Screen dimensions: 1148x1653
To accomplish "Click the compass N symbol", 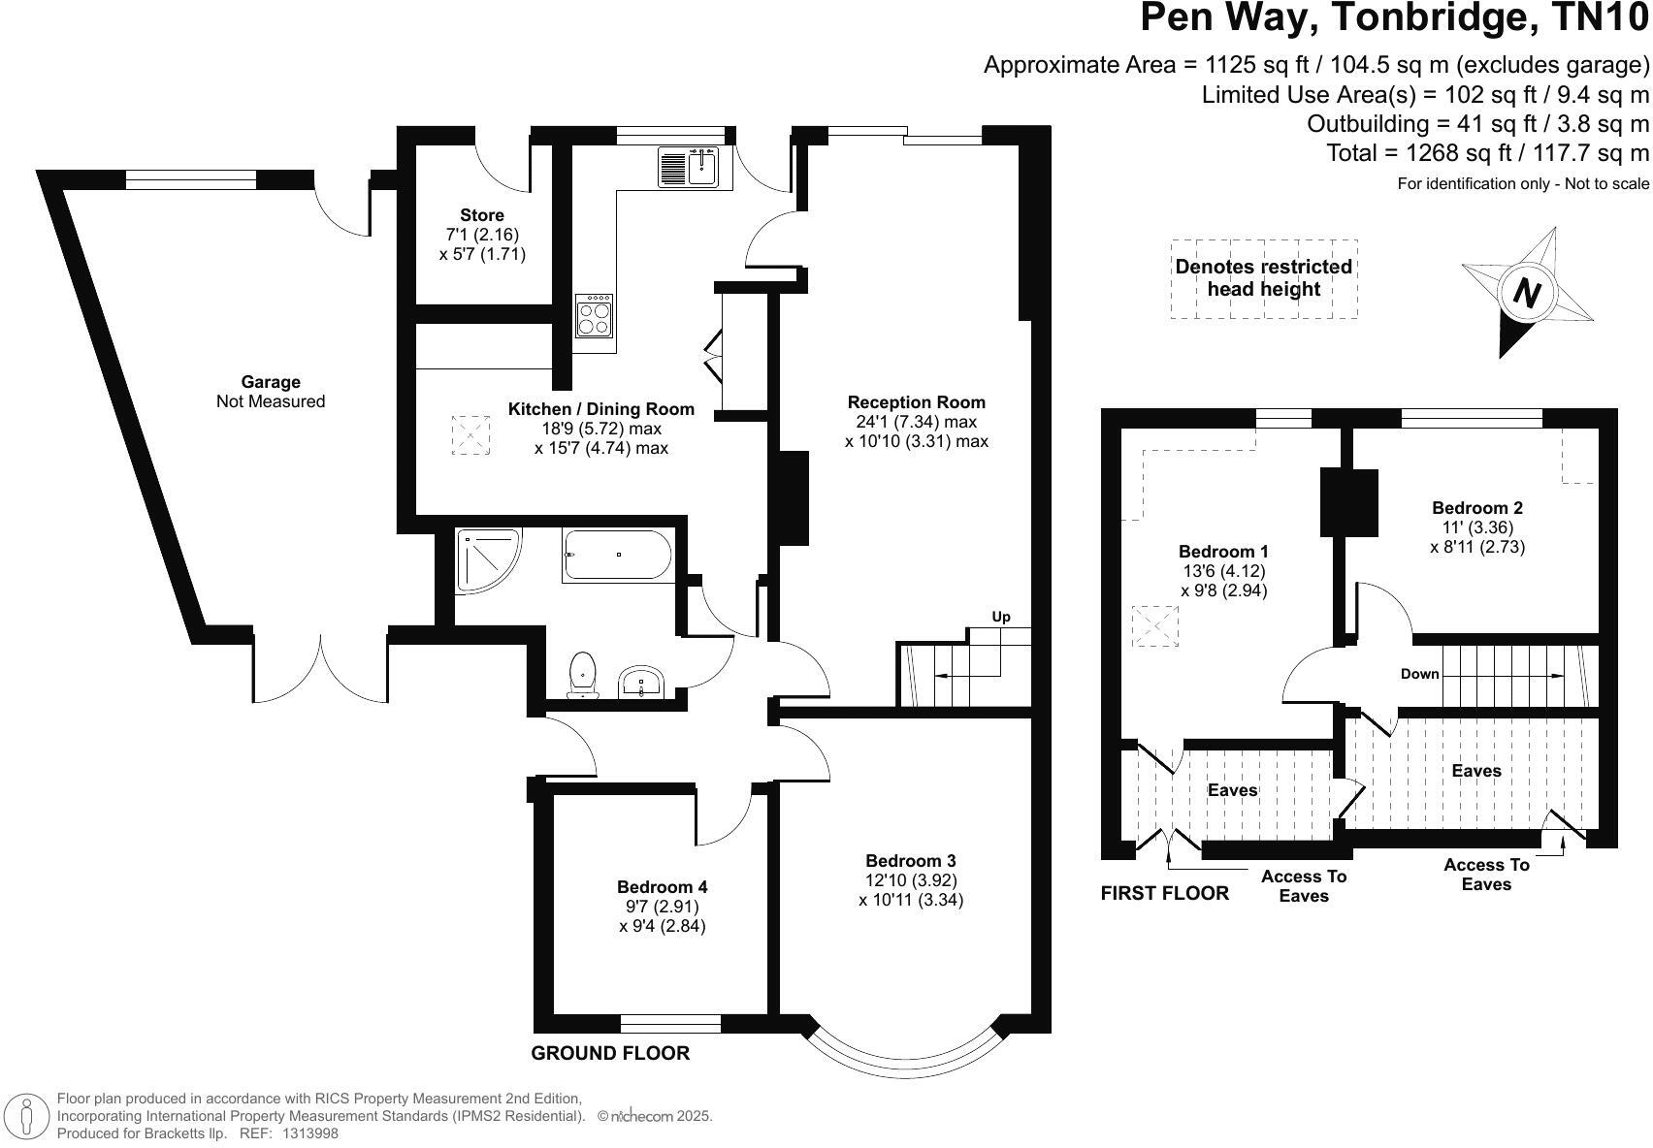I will [x=1527, y=292].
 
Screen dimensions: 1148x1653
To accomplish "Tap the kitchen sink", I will [x=688, y=167].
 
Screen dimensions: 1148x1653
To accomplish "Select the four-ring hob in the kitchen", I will [x=595, y=316].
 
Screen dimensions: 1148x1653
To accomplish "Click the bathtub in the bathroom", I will [x=617, y=556].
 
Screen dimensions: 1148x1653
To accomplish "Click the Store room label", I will [x=482, y=215].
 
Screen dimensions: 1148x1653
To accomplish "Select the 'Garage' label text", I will [x=271, y=382].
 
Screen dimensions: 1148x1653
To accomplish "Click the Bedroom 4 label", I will [x=662, y=886].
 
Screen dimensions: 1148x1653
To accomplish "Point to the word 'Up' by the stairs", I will [x=1001, y=617].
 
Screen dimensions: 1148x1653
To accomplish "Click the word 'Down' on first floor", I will [x=1419, y=674].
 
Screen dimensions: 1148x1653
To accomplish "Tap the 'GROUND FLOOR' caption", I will [x=610, y=1053].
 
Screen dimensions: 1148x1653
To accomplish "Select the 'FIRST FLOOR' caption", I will [x=1164, y=893].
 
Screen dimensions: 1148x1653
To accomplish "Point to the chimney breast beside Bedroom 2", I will [x=1349, y=501].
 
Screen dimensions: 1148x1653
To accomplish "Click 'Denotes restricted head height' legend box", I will [x=1263, y=278].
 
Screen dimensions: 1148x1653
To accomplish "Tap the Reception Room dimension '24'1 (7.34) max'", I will [x=917, y=422].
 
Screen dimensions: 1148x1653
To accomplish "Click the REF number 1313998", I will [x=309, y=1132].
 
